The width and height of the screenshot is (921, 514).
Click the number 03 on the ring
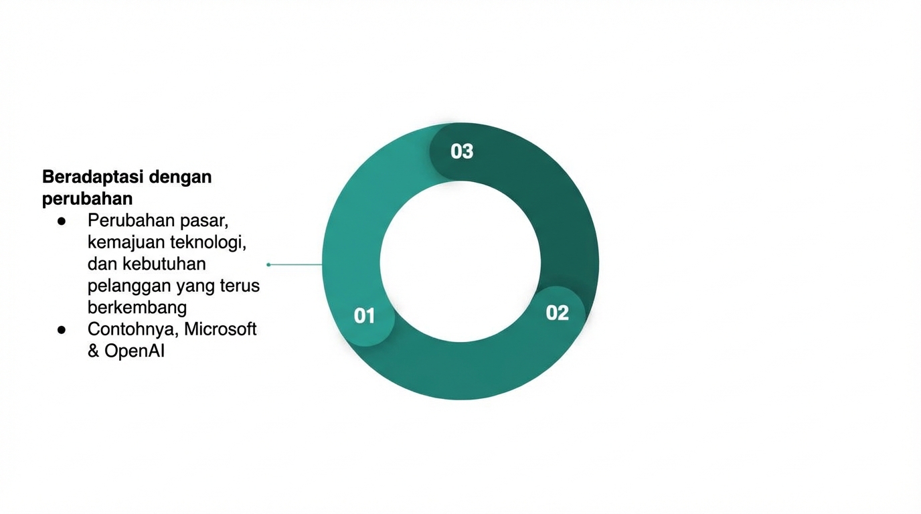pos(462,151)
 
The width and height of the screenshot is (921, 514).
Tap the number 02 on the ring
pos(557,313)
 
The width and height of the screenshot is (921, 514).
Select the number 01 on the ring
pos(364,315)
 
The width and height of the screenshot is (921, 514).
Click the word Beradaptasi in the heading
pos(93,177)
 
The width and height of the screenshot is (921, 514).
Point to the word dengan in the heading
pos(181,177)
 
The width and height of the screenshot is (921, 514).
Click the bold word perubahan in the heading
pos(87,199)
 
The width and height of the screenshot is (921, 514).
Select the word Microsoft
pos(220,329)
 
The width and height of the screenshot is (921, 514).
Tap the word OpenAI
pos(135,351)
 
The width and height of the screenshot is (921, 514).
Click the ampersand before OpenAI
pos(94,351)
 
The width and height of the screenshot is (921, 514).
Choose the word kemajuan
pos(124,242)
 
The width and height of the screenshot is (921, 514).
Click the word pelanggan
pos(129,286)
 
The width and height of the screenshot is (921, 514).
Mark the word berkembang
pos(137,307)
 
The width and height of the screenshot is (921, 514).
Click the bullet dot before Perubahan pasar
pos(62,220)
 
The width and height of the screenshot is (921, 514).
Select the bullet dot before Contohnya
pos(62,329)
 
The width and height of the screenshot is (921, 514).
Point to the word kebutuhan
pos(164,264)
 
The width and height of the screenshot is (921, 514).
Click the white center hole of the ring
pos(460,262)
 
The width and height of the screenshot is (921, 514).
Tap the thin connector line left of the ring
pos(295,264)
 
